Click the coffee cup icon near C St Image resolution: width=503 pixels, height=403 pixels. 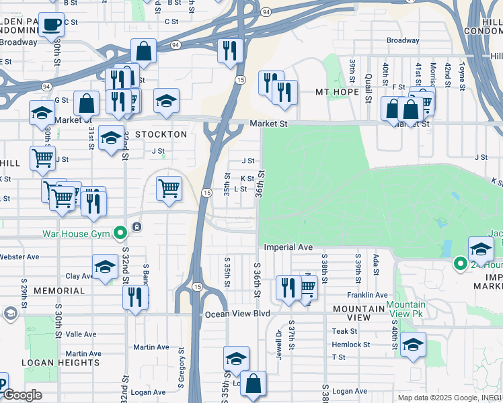click(x=51, y=26)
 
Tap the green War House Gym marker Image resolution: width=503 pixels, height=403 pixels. click(x=120, y=234)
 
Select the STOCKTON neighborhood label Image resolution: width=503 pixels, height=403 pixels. click(x=161, y=134)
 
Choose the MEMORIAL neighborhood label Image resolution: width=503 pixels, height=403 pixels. click(x=59, y=291)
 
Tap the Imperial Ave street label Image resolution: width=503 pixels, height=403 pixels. click(x=288, y=247)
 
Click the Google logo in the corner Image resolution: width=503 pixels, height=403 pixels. click(x=22, y=395)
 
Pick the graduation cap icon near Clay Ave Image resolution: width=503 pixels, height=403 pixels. click(x=105, y=267)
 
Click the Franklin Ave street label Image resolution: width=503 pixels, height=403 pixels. click(x=367, y=295)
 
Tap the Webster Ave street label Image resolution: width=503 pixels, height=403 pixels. click(x=20, y=257)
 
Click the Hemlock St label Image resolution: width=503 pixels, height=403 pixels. click(x=350, y=345)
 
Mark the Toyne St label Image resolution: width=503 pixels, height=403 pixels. click(x=461, y=77)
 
